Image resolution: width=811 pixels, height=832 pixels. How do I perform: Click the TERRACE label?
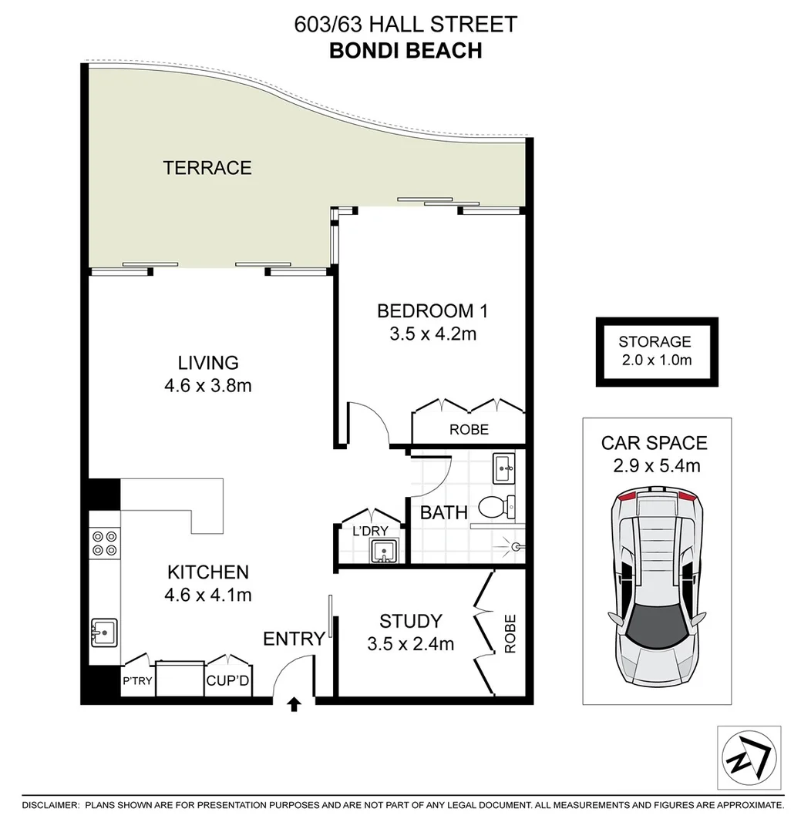tap(207, 167)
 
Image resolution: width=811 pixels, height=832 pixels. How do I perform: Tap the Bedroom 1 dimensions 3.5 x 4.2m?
tap(432, 334)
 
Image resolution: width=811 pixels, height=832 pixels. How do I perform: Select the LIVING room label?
tap(208, 362)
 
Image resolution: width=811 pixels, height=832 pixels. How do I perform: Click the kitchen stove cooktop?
tap(105, 543)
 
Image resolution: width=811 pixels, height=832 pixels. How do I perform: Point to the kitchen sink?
tap(104, 632)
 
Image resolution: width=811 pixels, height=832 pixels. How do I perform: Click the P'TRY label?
tap(136, 682)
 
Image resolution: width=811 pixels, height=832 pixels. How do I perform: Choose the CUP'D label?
tap(225, 681)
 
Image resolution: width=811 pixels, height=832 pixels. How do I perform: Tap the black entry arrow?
tap(294, 704)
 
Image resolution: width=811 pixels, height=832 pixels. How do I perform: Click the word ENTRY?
tap(294, 639)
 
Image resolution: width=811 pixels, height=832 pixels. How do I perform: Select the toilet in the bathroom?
tap(498, 507)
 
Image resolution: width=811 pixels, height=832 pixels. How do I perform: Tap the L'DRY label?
tap(368, 532)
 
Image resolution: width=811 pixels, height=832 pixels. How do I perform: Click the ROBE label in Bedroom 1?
tap(469, 429)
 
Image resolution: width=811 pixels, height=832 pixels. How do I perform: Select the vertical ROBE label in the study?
tap(510, 634)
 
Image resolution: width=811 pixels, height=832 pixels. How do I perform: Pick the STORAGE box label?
tap(655, 342)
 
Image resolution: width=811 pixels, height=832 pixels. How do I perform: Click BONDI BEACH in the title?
tap(405, 50)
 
